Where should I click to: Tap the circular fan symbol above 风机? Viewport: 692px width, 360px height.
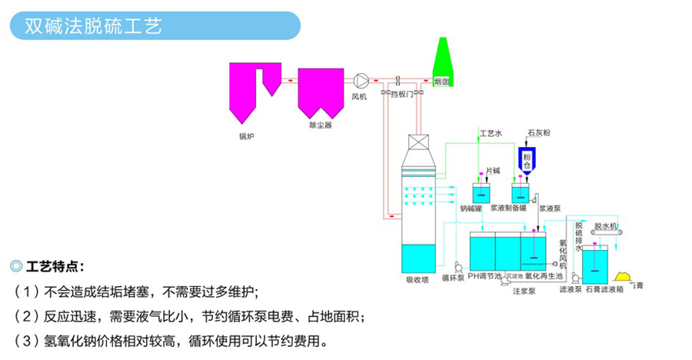pos(360,80)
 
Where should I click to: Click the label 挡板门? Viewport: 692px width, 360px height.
pos(401,94)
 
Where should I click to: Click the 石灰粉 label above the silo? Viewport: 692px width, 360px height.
pos(538,132)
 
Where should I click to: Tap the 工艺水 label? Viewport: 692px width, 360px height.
pos(491,133)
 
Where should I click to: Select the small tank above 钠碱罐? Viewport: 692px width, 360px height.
pos(482,194)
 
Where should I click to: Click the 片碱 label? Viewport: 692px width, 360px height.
pos(493,170)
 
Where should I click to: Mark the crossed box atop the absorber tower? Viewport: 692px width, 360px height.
pos(418,143)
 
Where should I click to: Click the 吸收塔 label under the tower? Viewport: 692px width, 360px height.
pos(418,278)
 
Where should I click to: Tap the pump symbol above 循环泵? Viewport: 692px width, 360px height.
pos(457,267)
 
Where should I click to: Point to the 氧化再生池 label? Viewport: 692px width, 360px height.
pos(544,275)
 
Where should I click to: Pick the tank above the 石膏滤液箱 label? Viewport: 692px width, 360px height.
pos(596,264)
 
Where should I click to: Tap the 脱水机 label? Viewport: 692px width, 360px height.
pos(606,227)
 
